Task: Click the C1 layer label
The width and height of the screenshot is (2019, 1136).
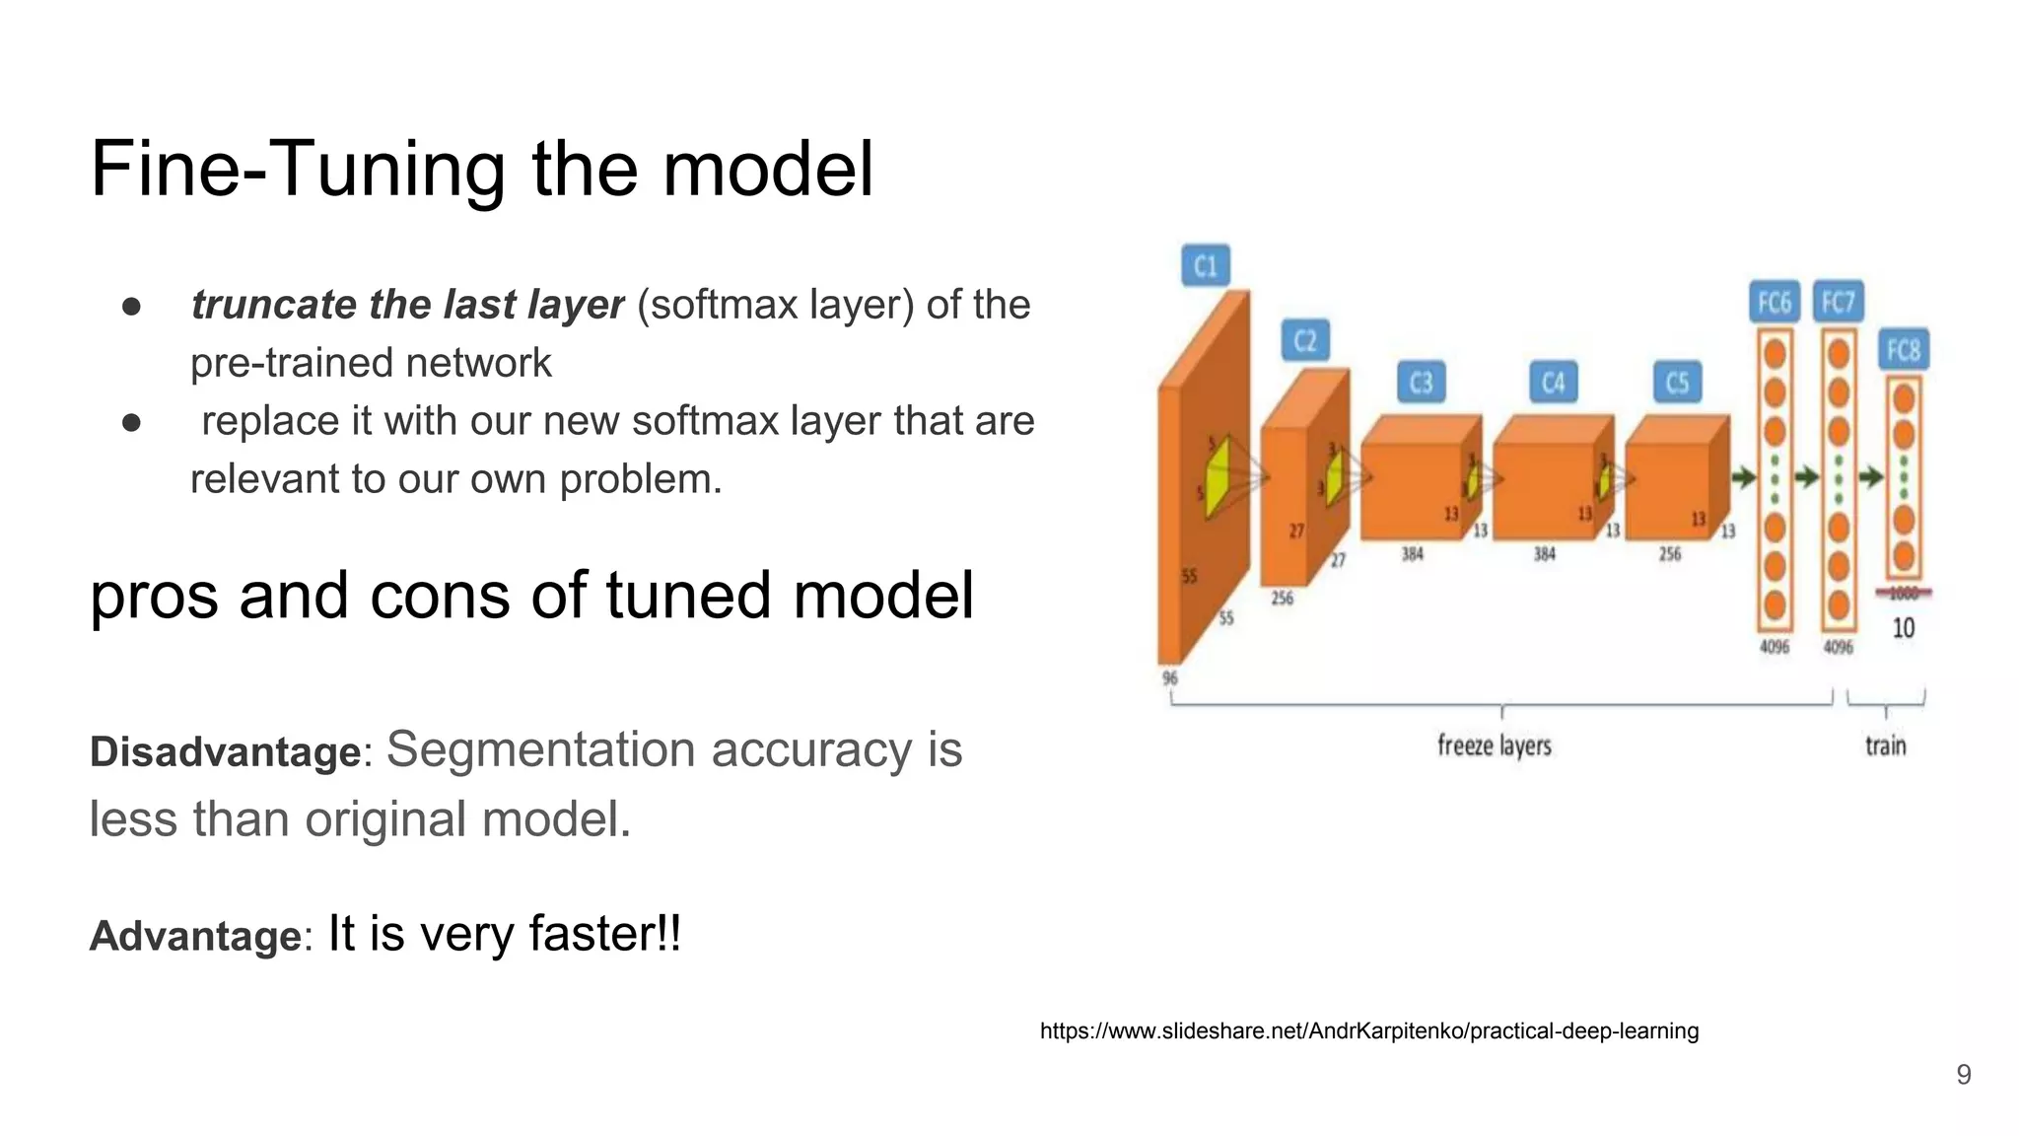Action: (1205, 266)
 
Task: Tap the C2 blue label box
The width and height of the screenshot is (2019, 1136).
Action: (1305, 341)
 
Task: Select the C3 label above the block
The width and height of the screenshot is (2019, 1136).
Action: (1421, 383)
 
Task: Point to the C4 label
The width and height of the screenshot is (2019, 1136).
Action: (1553, 383)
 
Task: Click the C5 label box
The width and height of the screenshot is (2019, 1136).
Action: (1677, 383)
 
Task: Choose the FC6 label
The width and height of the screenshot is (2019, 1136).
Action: (1774, 302)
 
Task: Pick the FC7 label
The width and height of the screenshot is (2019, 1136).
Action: (1838, 302)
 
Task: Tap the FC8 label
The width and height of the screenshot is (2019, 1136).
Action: (1903, 350)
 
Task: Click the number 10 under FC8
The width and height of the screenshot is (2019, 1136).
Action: (1903, 628)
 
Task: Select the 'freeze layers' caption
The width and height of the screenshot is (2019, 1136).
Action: (1494, 746)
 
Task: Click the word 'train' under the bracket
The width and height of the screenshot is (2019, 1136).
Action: (1885, 746)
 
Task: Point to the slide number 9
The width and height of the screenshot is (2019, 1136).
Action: (1963, 1075)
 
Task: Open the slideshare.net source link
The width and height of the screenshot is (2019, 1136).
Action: (1368, 1031)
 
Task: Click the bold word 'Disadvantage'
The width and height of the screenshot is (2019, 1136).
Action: (225, 752)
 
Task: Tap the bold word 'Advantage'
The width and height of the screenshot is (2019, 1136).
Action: (194, 936)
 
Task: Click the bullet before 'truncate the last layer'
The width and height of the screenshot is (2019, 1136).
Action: (131, 306)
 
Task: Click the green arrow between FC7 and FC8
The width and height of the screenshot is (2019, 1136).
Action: (1870, 478)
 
